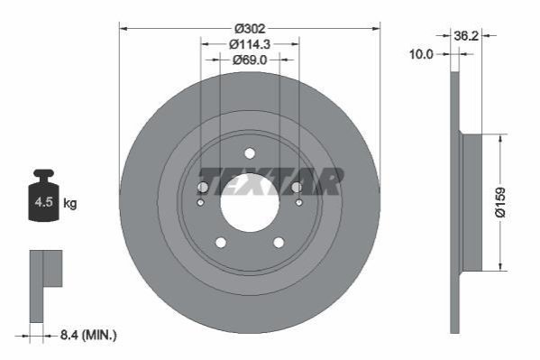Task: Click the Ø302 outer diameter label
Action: pyautogui.click(x=250, y=28)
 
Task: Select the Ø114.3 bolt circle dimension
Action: pyautogui.click(x=250, y=44)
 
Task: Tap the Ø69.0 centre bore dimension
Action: pyautogui.click(x=250, y=60)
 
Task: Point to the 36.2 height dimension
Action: pyautogui.click(x=466, y=35)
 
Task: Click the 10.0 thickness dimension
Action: pyautogui.click(x=421, y=54)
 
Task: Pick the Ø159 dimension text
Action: pyautogui.click(x=500, y=202)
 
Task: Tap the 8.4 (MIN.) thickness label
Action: pyautogui.click(x=88, y=335)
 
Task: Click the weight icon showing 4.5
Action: pyautogui.click(x=44, y=195)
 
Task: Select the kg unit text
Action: pyautogui.click(x=70, y=204)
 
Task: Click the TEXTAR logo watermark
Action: pyautogui.click(x=271, y=181)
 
